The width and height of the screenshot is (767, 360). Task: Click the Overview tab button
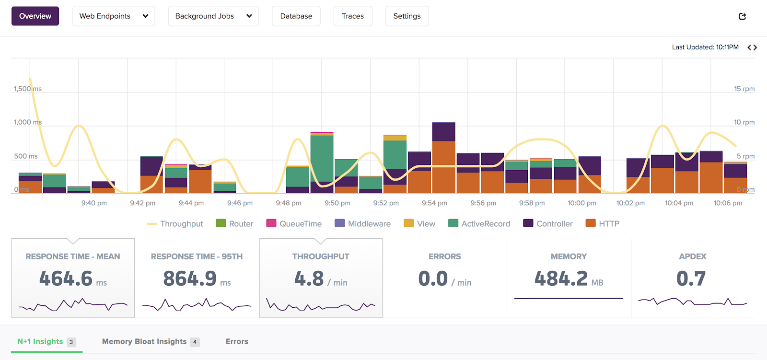(35, 16)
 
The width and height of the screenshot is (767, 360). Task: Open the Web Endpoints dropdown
(114, 16)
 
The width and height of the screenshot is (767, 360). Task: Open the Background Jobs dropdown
(213, 16)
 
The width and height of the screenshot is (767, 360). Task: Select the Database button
(296, 16)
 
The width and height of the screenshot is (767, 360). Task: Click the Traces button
(353, 16)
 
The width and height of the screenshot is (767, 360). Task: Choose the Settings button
(407, 16)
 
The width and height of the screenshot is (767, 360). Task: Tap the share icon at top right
(743, 16)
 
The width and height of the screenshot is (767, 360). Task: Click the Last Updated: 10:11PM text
(705, 47)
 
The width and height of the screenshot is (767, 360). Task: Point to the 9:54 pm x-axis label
(434, 203)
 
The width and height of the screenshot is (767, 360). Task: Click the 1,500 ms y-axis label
(28, 89)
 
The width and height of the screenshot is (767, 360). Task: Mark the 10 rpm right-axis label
(744, 122)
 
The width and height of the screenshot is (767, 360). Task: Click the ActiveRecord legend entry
(479, 223)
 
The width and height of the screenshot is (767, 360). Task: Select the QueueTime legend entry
(294, 223)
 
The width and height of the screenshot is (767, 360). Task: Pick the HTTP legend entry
(603, 223)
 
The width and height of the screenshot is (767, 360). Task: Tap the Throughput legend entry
(175, 223)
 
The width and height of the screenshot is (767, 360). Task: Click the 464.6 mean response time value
(66, 279)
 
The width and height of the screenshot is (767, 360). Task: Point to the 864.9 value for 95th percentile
(190, 279)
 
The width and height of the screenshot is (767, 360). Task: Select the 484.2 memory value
(561, 279)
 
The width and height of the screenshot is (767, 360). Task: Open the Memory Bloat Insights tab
(144, 341)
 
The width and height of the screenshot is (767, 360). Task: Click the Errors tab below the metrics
(237, 341)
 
